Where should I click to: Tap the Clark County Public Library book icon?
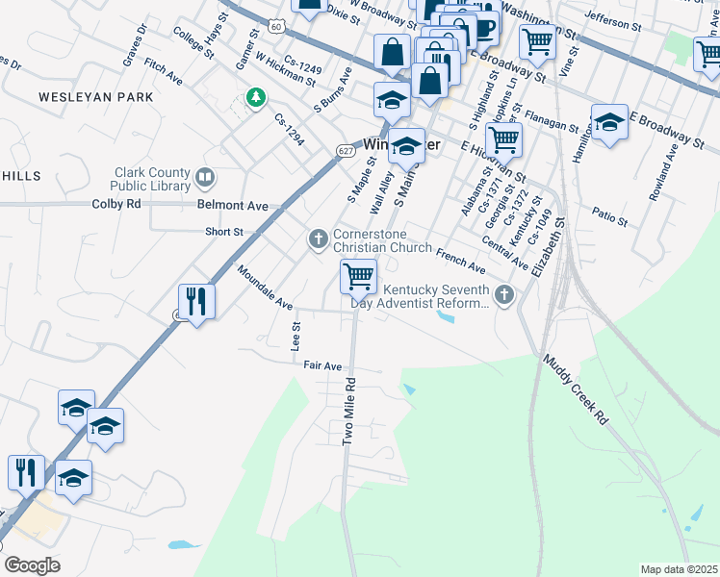click(205, 177)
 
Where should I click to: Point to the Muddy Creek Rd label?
click(576, 389)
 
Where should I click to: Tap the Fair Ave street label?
click(323, 366)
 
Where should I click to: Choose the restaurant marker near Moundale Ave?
click(196, 301)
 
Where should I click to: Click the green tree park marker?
click(255, 99)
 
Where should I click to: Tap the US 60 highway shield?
click(277, 26)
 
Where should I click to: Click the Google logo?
click(32, 565)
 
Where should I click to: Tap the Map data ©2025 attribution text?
click(679, 569)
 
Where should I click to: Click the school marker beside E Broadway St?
click(609, 123)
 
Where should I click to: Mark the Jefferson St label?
click(612, 20)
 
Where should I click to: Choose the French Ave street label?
click(461, 259)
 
